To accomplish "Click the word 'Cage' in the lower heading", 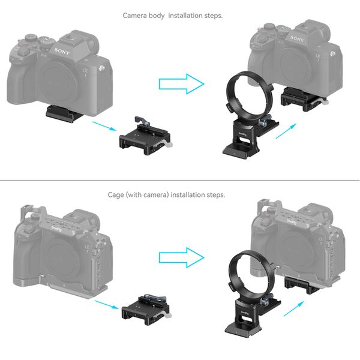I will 116,195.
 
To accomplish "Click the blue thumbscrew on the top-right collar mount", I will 263,121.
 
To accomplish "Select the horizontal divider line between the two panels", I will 180,181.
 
